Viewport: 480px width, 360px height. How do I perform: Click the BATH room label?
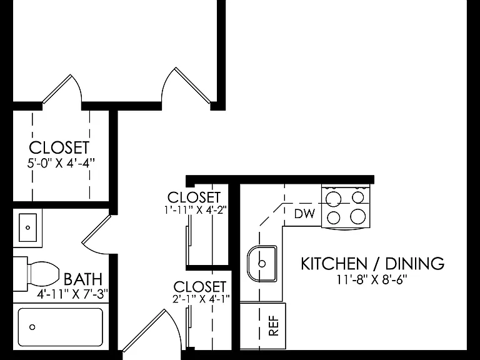(x=83, y=279)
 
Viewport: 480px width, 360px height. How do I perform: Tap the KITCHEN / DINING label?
(x=372, y=264)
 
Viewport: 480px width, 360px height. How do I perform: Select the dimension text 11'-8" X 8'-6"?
(x=372, y=279)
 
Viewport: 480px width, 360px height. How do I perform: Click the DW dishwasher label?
(x=304, y=214)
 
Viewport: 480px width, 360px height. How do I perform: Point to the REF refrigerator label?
(x=274, y=326)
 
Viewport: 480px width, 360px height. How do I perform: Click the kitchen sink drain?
(x=262, y=263)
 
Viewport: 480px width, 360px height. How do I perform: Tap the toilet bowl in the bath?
(x=44, y=274)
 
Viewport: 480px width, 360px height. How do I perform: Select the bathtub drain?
(x=32, y=327)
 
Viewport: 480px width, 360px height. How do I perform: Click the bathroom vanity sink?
(x=28, y=227)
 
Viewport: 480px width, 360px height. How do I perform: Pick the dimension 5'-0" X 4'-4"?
(x=59, y=163)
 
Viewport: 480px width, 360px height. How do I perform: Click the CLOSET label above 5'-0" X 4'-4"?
(x=59, y=147)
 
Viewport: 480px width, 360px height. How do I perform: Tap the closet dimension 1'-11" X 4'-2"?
(x=195, y=210)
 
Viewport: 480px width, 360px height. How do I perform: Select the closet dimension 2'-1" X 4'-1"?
(x=201, y=299)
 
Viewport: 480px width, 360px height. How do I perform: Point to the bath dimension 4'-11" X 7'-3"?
(x=72, y=294)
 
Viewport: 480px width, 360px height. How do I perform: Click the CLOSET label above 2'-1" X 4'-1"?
(x=200, y=287)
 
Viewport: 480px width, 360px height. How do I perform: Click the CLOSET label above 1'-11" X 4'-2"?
(x=194, y=197)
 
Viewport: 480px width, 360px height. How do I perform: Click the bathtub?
(x=60, y=327)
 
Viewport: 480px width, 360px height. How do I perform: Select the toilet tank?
(x=20, y=274)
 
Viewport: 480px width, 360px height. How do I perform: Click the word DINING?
(x=415, y=264)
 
